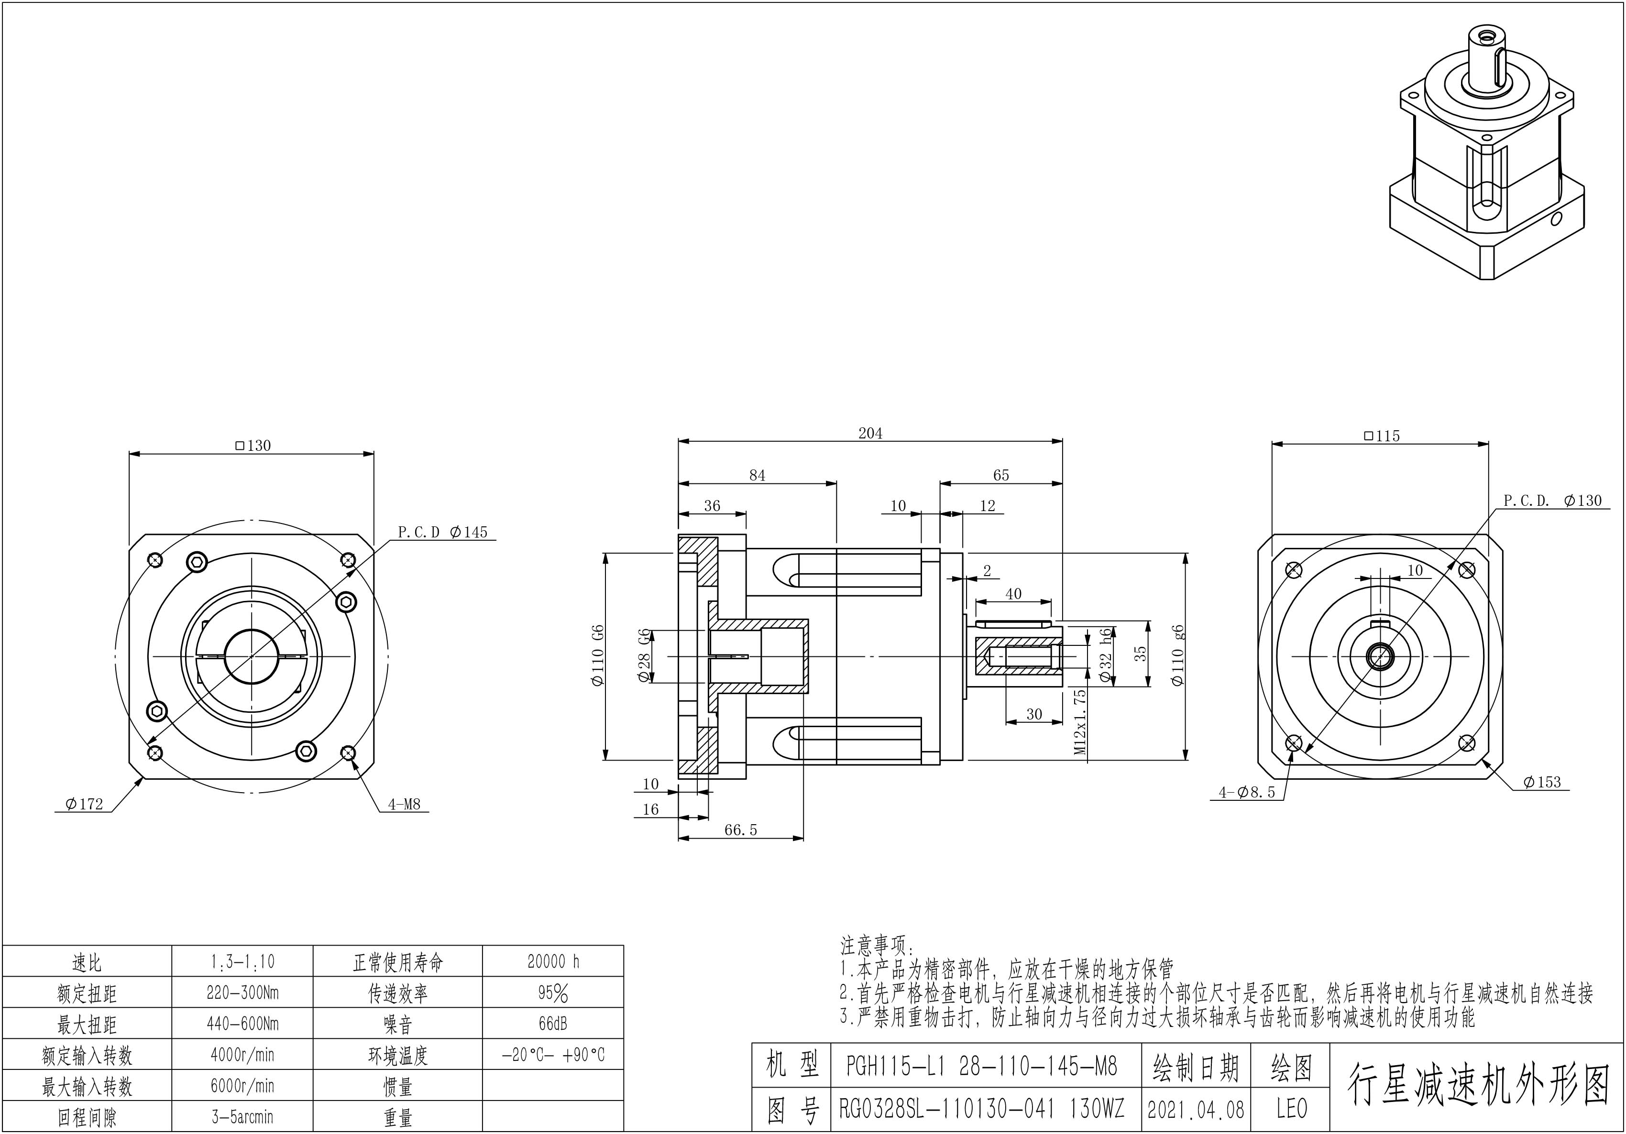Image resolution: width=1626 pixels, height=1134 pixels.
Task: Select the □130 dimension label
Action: tap(253, 445)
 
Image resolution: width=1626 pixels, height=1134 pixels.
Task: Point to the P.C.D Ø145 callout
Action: tap(443, 532)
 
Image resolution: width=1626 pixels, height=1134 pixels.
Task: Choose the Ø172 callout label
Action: tap(84, 804)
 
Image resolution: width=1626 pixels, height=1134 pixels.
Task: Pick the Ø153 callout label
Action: tap(1542, 782)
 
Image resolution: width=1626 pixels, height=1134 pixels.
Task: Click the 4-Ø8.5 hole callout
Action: tap(1247, 793)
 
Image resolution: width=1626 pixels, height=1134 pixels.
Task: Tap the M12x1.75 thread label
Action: tap(1080, 721)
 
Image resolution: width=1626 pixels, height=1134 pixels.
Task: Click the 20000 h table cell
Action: tap(553, 961)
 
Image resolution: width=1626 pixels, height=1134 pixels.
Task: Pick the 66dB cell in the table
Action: tap(553, 1024)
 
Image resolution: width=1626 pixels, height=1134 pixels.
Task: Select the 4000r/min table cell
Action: tap(242, 1055)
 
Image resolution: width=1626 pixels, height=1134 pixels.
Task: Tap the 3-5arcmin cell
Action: tap(242, 1117)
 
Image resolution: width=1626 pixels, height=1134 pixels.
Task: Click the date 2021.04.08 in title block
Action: tap(1196, 1109)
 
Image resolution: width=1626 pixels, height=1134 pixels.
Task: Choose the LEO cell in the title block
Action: tap(1291, 1109)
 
